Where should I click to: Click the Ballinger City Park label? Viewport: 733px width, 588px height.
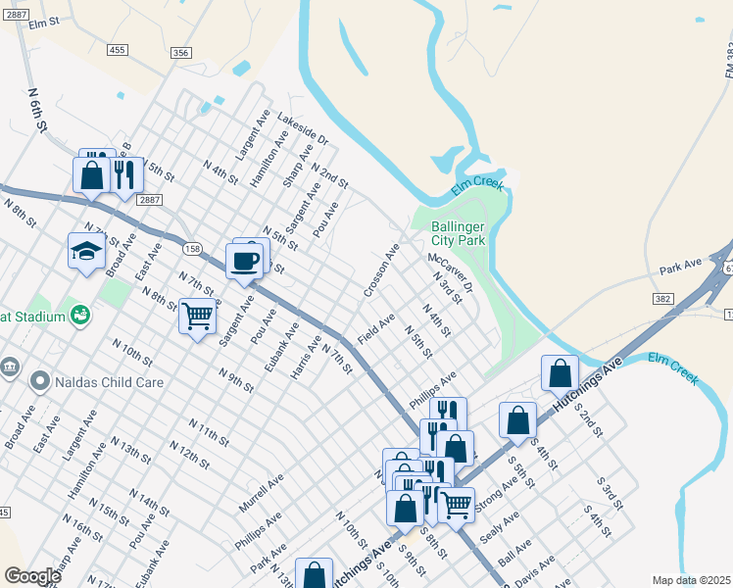pyautogui.click(x=459, y=232)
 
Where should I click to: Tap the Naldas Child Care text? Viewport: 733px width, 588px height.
pyautogui.click(x=109, y=381)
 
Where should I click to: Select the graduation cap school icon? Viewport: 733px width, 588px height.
pyautogui.click(x=86, y=252)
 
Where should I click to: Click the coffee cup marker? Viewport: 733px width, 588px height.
pyautogui.click(x=244, y=262)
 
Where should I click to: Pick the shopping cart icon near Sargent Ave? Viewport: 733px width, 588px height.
pyautogui.click(x=197, y=317)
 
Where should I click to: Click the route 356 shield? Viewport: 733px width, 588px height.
pyautogui.click(x=180, y=53)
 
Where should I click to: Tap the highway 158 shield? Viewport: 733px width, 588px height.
pyautogui.click(x=192, y=249)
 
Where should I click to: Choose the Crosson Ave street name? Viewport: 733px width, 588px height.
pyautogui.click(x=381, y=271)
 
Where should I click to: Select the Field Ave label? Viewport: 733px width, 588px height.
pyautogui.click(x=376, y=327)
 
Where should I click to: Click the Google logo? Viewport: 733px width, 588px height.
pyautogui.click(x=32, y=576)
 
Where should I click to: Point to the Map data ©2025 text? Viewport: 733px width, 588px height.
pyautogui.click(x=691, y=580)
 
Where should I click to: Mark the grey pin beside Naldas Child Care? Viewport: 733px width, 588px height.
pyautogui.click(x=39, y=380)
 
